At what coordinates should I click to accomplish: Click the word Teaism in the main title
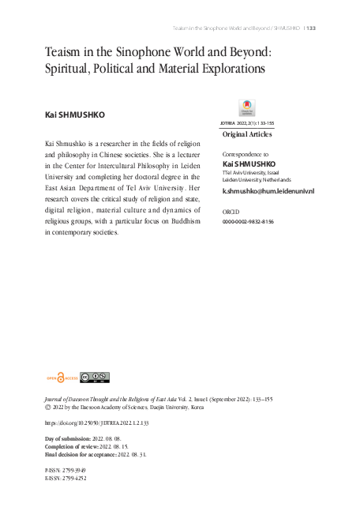pos(66,53)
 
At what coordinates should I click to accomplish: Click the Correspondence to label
pos(246,155)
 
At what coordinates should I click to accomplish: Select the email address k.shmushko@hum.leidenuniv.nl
pos(268,191)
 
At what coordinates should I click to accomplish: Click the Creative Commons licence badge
pos(94,377)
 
